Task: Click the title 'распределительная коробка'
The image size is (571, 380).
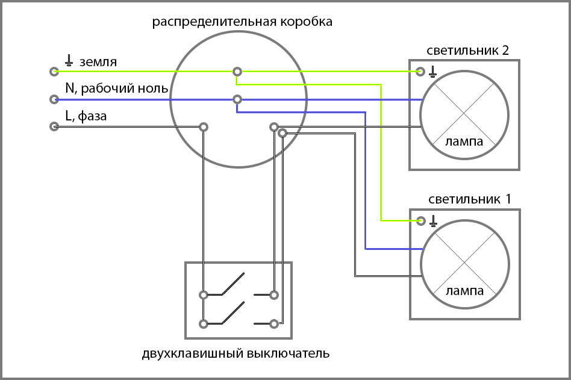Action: tap(242, 23)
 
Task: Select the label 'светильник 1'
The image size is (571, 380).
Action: tap(469, 199)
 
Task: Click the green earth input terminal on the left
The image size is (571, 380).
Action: tap(54, 71)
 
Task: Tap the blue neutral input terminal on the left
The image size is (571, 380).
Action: tap(54, 99)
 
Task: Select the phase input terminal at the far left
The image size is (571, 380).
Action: tap(54, 127)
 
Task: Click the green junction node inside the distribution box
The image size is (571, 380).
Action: tap(238, 72)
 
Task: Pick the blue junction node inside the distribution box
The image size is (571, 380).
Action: tap(238, 99)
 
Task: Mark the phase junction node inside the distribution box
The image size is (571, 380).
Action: tap(204, 127)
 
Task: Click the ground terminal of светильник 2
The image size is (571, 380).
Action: tap(420, 72)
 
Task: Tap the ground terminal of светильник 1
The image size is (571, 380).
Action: tap(420, 221)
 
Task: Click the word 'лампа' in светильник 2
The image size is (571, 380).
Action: tap(464, 143)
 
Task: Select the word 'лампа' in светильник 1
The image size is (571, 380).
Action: tap(464, 291)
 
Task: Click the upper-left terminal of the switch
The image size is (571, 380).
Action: tap(204, 295)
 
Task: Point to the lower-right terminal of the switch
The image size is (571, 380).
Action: tap(274, 323)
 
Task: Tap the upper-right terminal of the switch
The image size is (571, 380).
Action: tap(274, 295)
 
